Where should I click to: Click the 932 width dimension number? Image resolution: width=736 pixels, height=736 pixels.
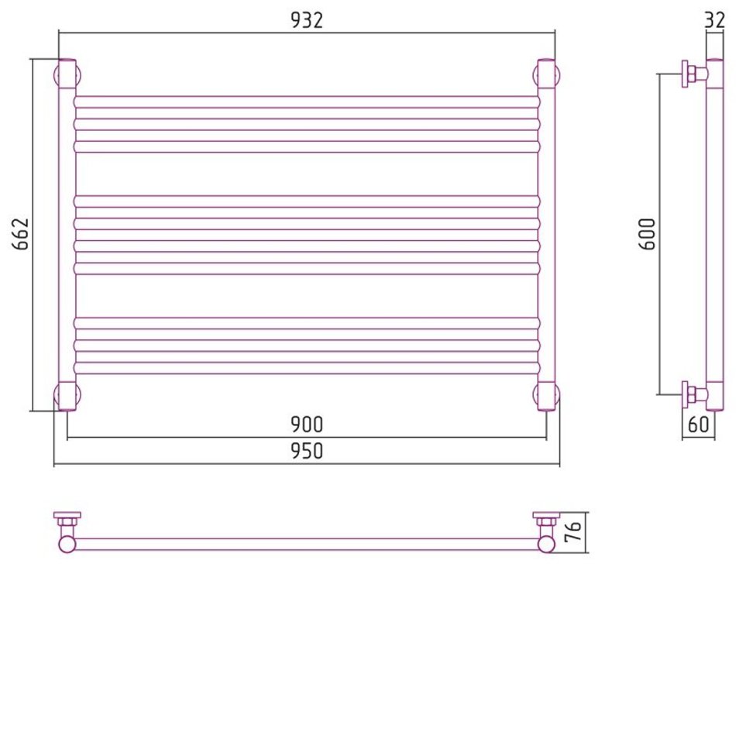pyautogui.click(x=307, y=20)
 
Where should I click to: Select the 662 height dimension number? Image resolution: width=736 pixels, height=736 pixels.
pyautogui.click(x=21, y=234)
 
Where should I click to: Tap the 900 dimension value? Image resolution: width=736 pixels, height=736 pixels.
pyautogui.click(x=307, y=425)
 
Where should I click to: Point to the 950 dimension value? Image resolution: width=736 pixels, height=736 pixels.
pyautogui.click(x=307, y=451)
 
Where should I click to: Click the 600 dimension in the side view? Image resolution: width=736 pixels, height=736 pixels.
pyautogui.click(x=647, y=234)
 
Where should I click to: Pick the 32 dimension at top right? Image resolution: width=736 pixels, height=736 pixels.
pyautogui.click(x=715, y=20)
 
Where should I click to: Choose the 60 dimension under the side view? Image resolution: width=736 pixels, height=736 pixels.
pyautogui.click(x=698, y=425)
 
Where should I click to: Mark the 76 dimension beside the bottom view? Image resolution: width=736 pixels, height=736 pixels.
pyautogui.click(x=573, y=531)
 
